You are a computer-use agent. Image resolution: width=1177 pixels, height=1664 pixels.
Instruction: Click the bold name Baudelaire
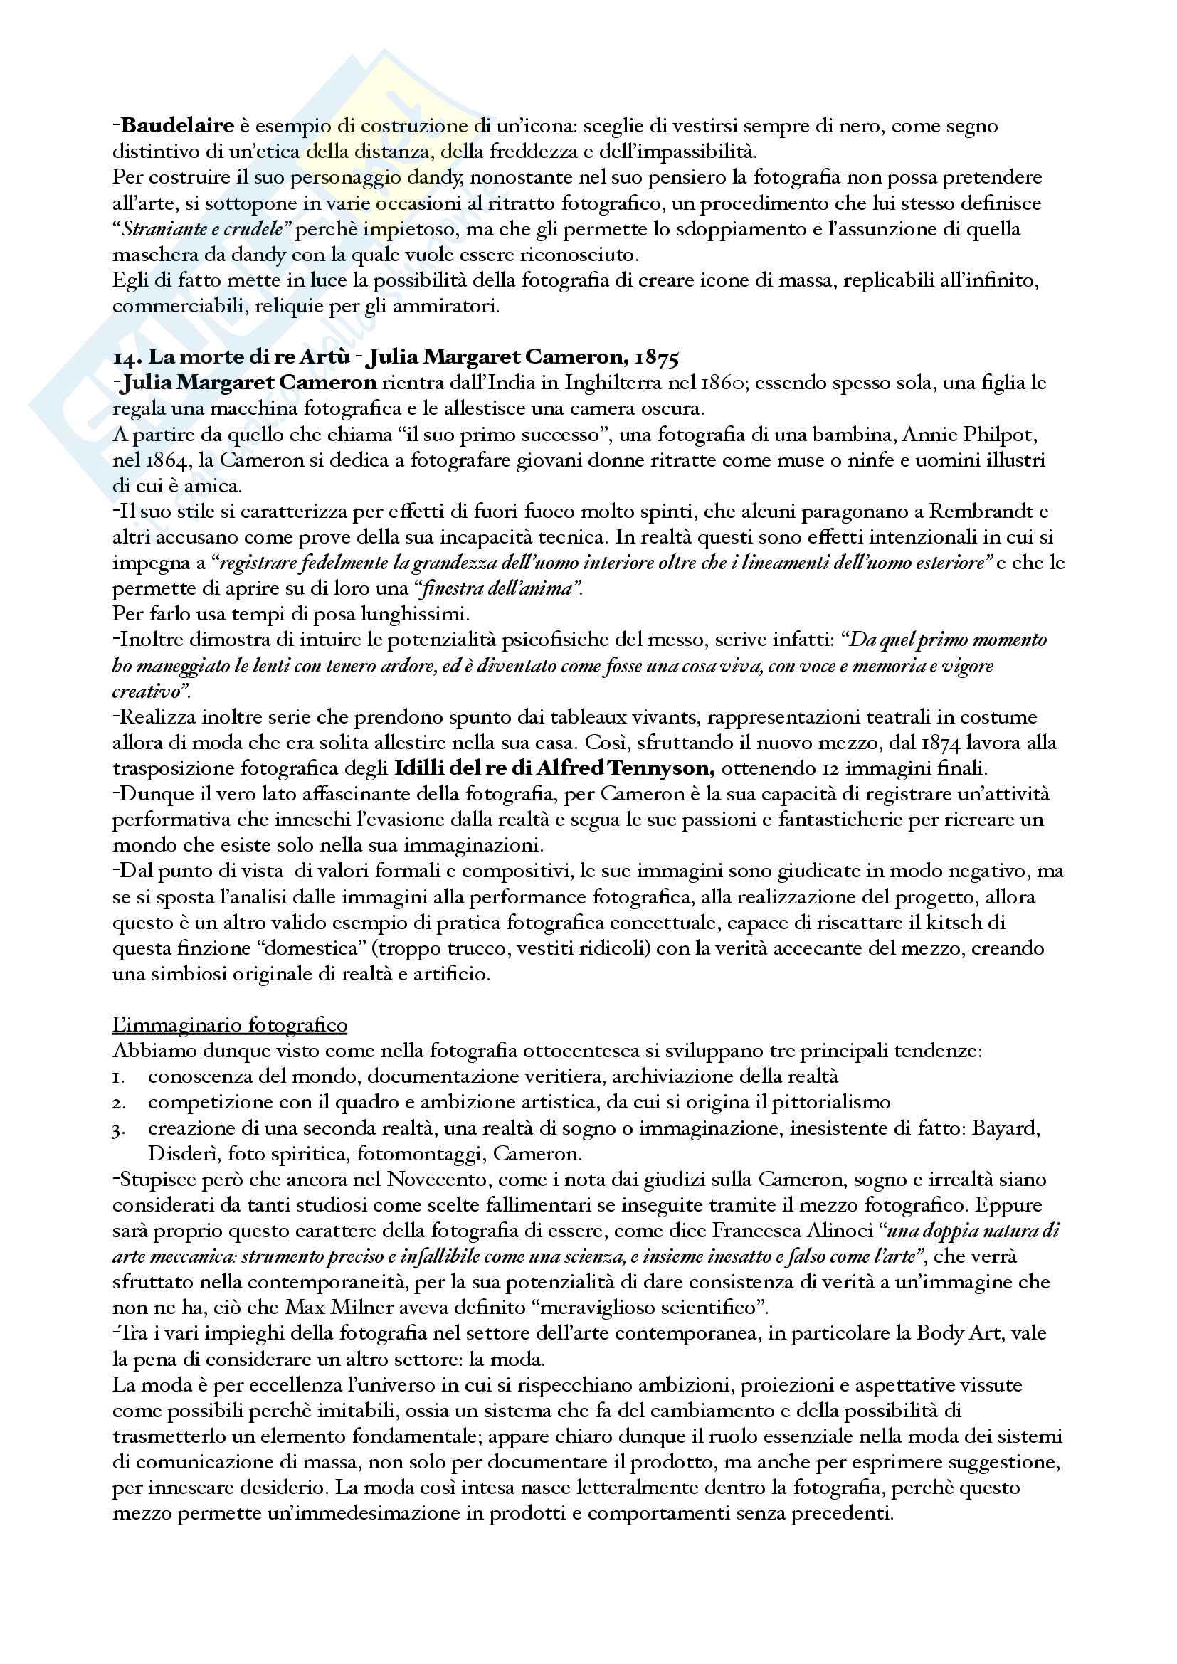coord(178,126)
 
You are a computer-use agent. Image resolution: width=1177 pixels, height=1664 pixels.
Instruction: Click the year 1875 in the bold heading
coord(657,357)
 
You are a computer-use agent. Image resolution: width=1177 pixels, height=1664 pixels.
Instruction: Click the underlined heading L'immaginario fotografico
coord(230,1024)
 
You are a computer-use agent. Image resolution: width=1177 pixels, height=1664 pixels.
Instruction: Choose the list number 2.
coord(119,1103)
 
